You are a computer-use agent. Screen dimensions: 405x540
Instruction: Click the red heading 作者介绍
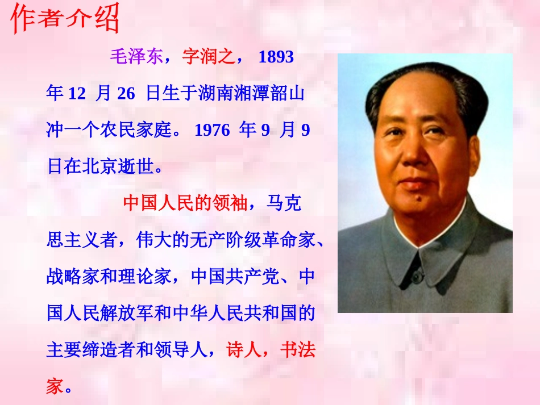pyautogui.click(x=65, y=18)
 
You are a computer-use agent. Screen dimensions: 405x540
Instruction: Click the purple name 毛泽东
pyautogui.click(x=136, y=57)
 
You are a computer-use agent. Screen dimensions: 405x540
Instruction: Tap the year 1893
pyautogui.click(x=276, y=57)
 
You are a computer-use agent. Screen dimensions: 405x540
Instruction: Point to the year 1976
pyautogui.click(x=212, y=130)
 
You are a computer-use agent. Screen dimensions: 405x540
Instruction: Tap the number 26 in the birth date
pyautogui.click(x=126, y=93)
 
